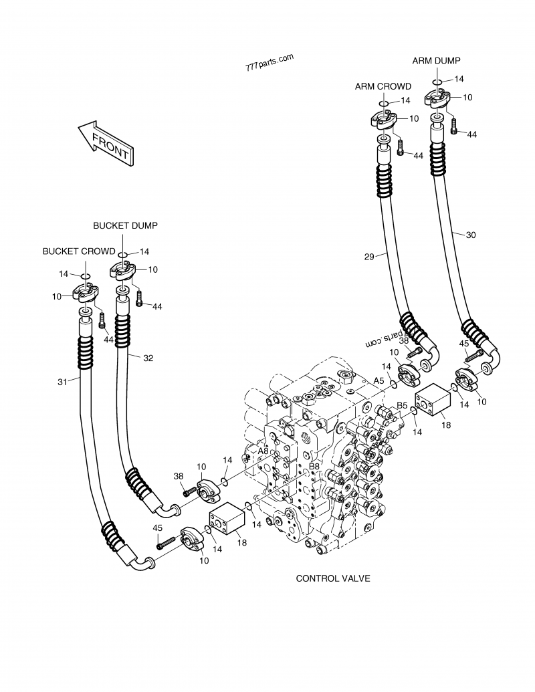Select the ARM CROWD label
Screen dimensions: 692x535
[x=383, y=86]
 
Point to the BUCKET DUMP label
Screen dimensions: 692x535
[x=125, y=226]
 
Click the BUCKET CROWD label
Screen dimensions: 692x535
[x=79, y=251]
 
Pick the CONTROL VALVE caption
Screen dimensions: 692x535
[x=333, y=578]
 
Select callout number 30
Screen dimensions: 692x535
[x=471, y=235]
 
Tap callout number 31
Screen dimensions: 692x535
[x=62, y=382]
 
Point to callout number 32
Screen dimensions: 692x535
[x=148, y=358]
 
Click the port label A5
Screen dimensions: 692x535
[x=379, y=380]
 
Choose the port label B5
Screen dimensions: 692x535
[x=402, y=405]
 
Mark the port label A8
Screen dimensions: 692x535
[x=263, y=451]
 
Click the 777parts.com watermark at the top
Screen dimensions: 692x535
[x=270, y=63]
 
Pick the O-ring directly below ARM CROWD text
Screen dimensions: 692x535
[x=384, y=104]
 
